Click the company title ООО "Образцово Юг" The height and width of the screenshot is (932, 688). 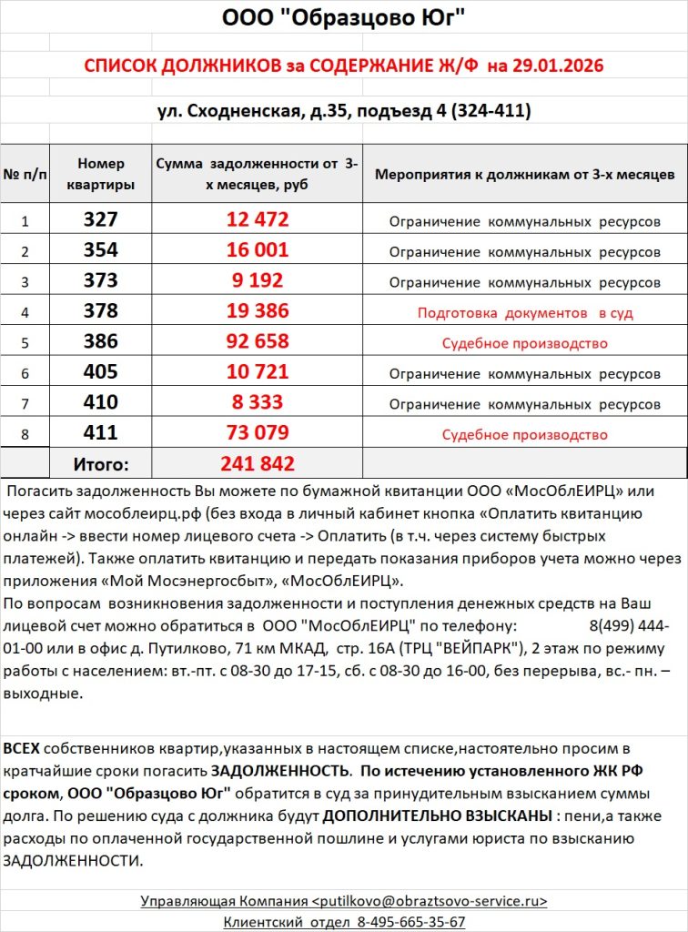pyautogui.click(x=344, y=18)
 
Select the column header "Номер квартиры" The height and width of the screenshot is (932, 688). pyautogui.click(x=100, y=173)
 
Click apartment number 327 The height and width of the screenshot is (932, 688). pyautogui.click(x=100, y=219)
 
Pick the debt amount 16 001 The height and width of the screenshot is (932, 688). pyautogui.click(x=258, y=250)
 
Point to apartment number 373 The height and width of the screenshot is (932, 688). pyautogui.click(x=100, y=281)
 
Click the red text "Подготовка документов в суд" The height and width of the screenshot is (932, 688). pyautogui.click(x=525, y=312)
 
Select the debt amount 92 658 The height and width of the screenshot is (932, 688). pyautogui.click(x=258, y=342)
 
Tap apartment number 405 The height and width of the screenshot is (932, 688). pyautogui.click(x=100, y=372)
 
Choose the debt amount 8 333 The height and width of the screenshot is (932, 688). pyautogui.click(x=258, y=402)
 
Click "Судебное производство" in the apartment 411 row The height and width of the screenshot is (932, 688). pyautogui.click(x=525, y=434)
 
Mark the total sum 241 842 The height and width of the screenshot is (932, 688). pyautogui.click(x=258, y=463)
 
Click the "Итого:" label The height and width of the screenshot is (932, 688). pyautogui.click(x=100, y=464)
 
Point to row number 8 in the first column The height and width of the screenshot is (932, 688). pyautogui.click(x=25, y=434)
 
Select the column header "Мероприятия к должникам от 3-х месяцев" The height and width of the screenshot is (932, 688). pyautogui.click(x=525, y=173)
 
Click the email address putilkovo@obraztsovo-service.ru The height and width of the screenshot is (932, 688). pyautogui.click(x=430, y=901)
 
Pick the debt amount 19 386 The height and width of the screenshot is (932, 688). pyautogui.click(x=258, y=311)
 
